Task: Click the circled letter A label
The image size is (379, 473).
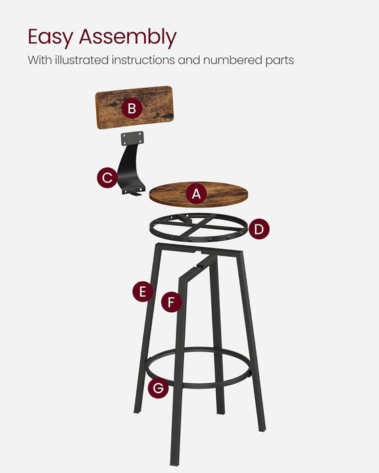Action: pyautogui.click(x=196, y=195)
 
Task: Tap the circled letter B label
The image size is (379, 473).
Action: pyautogui.click(x=132, y=108)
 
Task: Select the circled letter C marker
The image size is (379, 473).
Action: pyautogui.click(x=106, y=178)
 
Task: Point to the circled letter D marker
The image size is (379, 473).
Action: pyautogui.click(x=259, y=229)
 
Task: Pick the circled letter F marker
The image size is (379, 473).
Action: pyautogui.click(x=172, y=301)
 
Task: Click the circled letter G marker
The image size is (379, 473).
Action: pyautogui.click(x=158, y=388)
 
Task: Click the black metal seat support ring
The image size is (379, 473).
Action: pyautogui.click(x=196, y=230)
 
